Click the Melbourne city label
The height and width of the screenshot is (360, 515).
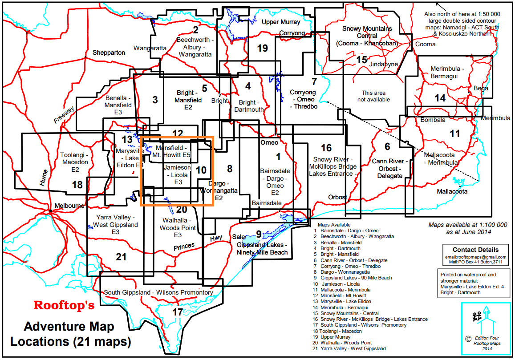[x=69, y=206]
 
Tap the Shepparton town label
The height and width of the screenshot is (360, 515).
[x=109, y=53]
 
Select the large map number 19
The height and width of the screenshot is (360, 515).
[x=263, y=48]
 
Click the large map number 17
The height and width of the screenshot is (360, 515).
[x=178, y=312]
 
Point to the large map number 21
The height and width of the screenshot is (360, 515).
[x=121, y=257]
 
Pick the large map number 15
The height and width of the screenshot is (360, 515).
[x=362, y=60]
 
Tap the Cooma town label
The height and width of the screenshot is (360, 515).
[x=426, y=44]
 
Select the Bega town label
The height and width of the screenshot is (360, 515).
[x=480, y=88]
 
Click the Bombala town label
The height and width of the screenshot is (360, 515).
[x=430, y=120]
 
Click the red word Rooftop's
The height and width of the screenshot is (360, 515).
[x=64, y=306]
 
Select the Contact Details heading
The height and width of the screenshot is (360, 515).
[x=475, y=250]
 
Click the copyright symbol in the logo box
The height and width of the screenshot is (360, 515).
[x=468, y=338]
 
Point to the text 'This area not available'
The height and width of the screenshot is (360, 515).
[x=376, y=96]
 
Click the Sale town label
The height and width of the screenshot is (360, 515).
[x=239, y=237]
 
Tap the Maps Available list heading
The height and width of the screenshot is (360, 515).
[x=334, y=225]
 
